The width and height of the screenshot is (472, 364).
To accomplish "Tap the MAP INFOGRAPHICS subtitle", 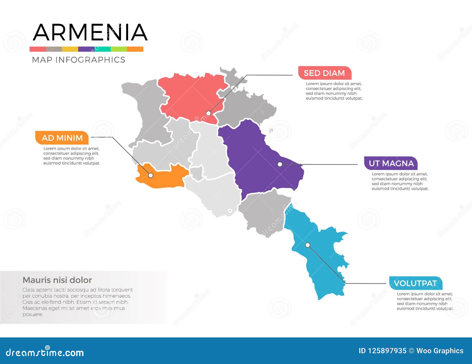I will [78, 60].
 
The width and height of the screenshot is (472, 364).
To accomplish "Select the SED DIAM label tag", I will [324, 73].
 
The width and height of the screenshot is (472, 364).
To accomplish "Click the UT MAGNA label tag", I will [391, 163].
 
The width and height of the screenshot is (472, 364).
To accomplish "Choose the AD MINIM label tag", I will [62, 138].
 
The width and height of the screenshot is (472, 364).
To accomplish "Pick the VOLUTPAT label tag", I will [415, 283].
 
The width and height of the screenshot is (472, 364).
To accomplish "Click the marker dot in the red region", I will [209, 113].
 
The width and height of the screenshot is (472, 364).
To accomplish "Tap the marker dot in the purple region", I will [280, 164].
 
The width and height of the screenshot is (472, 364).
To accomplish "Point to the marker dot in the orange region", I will [150, 175].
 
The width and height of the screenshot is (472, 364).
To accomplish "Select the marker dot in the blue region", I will [308, 245].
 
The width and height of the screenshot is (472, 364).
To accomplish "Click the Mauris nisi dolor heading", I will [57, 280].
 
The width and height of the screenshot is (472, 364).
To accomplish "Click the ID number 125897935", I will [382, 351].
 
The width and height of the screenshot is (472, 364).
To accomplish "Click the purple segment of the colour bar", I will [86, 49].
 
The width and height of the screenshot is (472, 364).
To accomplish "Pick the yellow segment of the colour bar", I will [70, 49].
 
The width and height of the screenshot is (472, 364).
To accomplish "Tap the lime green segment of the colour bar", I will [119, 49].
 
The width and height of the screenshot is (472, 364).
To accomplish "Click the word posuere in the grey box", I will [33, 314].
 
